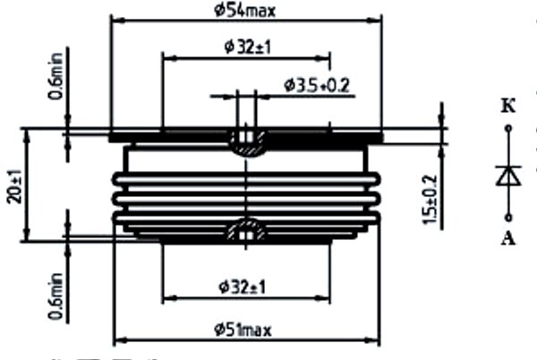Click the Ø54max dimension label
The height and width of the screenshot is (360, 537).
(x=244, y=11)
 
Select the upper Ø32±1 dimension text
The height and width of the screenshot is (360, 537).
(x=248, y=47)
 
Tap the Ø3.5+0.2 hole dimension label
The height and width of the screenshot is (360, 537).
(x=317, y=85)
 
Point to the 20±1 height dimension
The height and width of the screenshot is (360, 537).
(x=14, y=186)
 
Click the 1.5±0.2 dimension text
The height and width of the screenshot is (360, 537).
(x=430, y=200)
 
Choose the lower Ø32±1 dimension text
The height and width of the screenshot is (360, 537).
(x=243, y=287)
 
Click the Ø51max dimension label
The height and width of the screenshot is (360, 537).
(x=243, y=330)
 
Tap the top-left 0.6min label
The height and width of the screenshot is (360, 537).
(x=55, y=76)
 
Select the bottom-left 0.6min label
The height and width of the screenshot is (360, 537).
(x=55, y=296)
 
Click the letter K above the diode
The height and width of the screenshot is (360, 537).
(x=508, y=107)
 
